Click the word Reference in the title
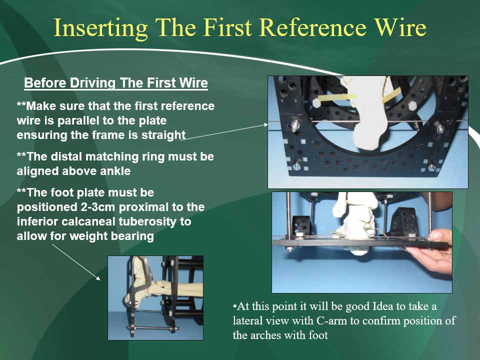pyautogui.click(x=313, y=27)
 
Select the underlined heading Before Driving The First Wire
pyautogui.click(x=116, y=82)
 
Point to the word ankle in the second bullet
pyautogui.click(x=115, y=171)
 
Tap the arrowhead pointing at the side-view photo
pyautogui.click(x=98, y=278)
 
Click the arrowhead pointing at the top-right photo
pyautogui.click(x=265, y=124)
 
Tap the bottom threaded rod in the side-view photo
pyautogui.click(x=153, y=329)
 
